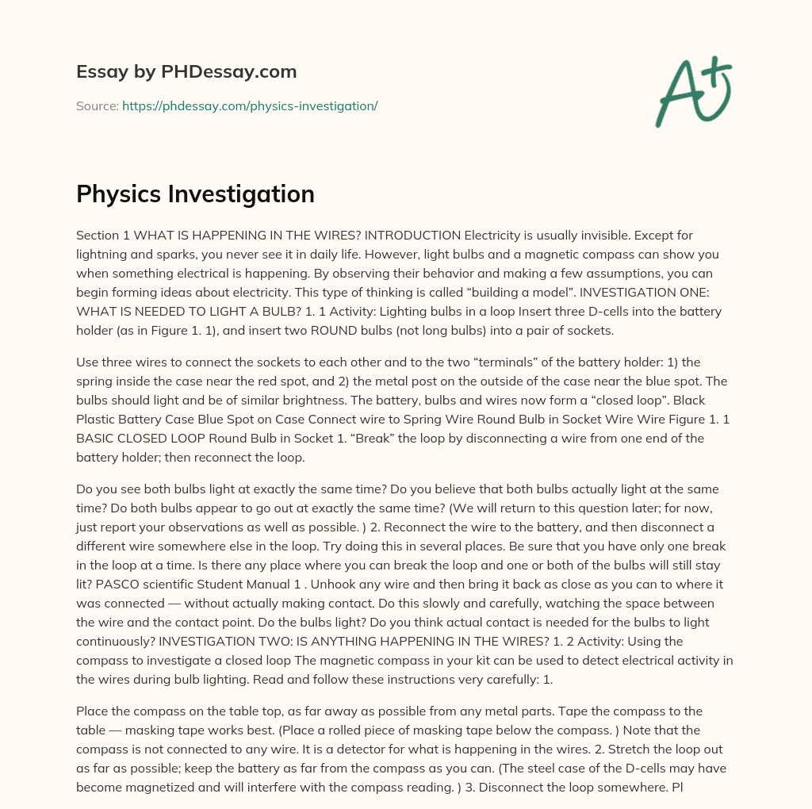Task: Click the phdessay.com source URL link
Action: coord(250,105)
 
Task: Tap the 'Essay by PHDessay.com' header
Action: coord(186,72)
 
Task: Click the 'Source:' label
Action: coord(97,105)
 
